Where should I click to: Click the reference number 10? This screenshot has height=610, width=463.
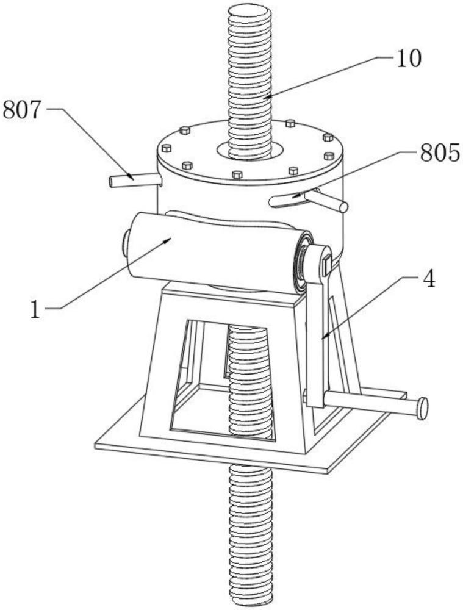tap(409, 59)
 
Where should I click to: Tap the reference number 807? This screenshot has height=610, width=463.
tap(21, 110)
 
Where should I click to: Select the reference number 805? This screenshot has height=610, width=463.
tap(440, 152)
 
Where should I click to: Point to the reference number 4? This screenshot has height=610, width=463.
tap(429, 279)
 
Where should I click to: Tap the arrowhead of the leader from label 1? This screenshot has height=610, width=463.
tap(168, 240)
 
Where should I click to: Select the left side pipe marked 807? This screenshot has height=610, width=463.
tap(135, 181)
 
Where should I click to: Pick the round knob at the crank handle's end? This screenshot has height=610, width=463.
tap(422, 409)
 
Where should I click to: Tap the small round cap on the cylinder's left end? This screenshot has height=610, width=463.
tap(126, 243)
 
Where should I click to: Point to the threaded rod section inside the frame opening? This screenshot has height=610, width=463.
tap(249, 381)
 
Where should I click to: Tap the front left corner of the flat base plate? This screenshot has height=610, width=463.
tap(96, 446)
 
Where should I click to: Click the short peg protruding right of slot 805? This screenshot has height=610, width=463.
tap(327, 201)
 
